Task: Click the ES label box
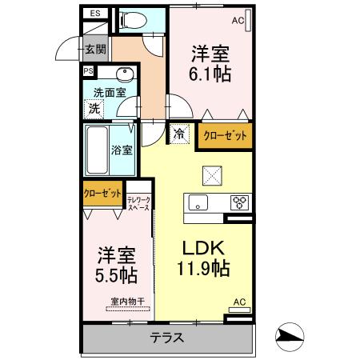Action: (95, 14)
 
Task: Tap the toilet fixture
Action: (129, 18)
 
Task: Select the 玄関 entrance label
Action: (95, 50)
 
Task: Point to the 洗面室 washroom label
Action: (110, 92)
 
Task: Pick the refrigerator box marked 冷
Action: (178, 134)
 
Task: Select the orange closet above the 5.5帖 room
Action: (102, 194)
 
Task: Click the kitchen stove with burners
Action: (240, 202)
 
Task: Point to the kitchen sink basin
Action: (198, 202)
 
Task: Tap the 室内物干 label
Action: (127, 302)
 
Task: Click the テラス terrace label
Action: (168, 337)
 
